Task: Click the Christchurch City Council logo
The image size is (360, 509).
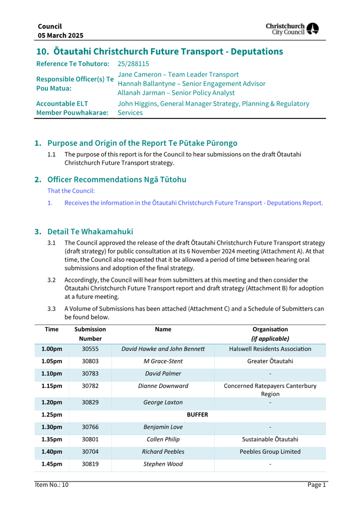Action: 292,29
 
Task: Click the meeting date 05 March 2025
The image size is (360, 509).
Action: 60,36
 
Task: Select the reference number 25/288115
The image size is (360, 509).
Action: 133,64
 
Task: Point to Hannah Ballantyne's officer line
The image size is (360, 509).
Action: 191,84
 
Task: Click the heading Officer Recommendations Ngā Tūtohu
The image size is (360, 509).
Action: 117,180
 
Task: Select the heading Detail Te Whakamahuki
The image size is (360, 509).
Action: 90,232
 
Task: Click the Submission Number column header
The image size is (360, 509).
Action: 90,334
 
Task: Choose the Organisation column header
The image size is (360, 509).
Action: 270,334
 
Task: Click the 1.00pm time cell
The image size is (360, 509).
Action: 52,349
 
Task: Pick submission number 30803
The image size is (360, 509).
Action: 90,361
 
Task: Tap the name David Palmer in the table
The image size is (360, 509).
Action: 163,373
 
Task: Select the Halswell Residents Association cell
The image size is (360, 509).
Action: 270,349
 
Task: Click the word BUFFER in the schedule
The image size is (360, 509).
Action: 197,415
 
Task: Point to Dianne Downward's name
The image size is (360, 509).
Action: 163,386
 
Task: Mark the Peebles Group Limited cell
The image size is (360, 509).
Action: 270,452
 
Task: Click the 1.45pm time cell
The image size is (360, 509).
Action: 52,464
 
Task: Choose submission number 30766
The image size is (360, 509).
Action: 90,427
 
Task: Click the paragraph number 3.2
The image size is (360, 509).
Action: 52,280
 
